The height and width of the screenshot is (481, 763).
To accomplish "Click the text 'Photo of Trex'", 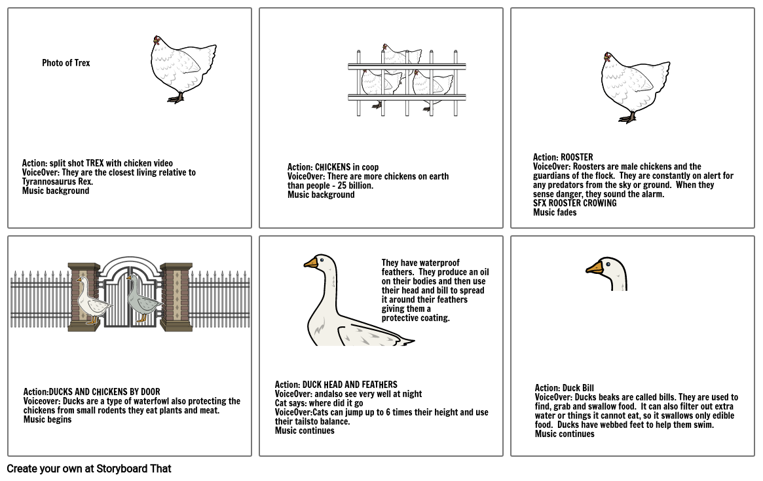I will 66,63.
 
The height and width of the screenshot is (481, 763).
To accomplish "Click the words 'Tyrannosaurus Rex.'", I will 58,182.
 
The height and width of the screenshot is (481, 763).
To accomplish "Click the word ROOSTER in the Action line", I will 576,157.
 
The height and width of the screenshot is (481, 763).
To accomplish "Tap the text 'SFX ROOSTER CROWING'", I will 574,203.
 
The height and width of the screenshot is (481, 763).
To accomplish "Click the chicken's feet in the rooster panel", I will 627,119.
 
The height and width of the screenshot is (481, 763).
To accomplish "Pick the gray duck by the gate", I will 141,300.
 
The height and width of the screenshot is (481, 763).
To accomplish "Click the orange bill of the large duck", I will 311,263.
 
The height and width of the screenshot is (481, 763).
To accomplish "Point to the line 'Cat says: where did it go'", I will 319,403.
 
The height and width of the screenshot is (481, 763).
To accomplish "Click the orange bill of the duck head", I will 594,268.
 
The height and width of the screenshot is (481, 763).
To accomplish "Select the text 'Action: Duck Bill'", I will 564,388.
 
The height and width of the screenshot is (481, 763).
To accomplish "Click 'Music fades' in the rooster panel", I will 555,212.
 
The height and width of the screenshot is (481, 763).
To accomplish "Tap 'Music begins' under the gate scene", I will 48,419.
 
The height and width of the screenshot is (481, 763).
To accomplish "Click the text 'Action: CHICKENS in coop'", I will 333,167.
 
